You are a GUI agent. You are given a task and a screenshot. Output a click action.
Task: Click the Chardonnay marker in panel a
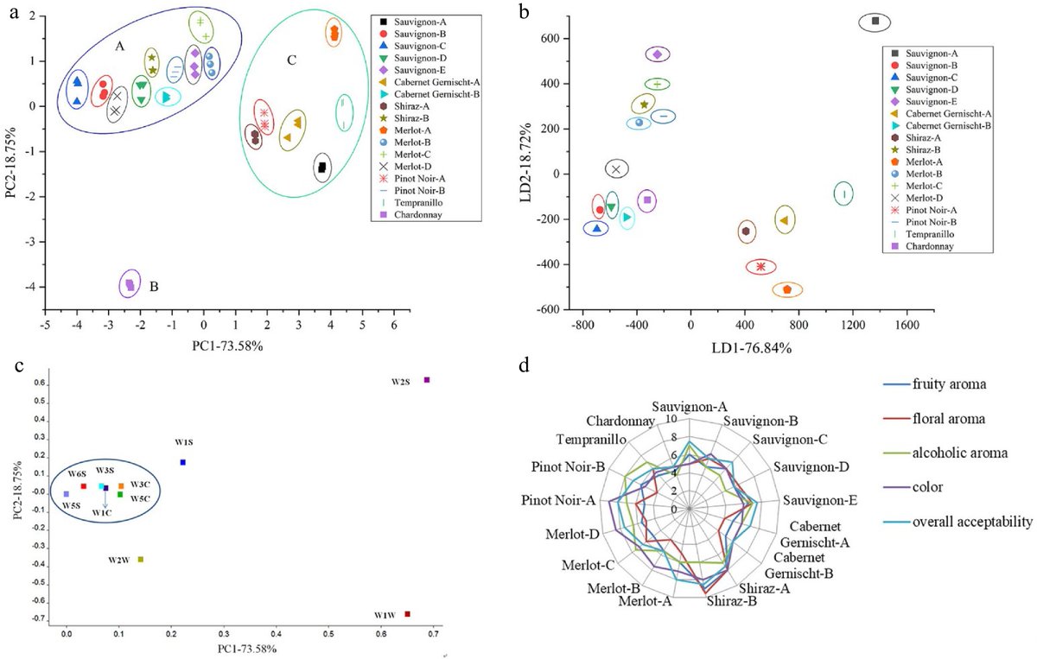coord(130,283)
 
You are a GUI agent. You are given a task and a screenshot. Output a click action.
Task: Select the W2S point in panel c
coord(426,380)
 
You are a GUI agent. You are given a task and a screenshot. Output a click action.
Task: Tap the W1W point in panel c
coord(407,614)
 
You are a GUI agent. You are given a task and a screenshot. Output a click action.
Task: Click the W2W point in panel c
coord(141,560)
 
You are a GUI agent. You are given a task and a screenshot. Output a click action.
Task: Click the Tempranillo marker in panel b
coord(843,194)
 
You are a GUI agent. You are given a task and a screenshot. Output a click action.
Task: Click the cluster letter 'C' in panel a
coord(292,60)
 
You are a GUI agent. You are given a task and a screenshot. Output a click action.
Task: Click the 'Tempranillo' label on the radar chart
coord(590,440)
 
